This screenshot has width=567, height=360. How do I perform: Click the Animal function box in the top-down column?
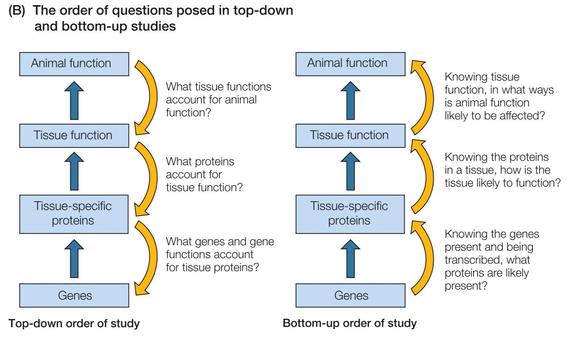coord(74,64)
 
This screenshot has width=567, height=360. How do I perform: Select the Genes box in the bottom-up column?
coord(350,295)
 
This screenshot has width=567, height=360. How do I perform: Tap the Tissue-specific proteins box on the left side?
coord(74,214)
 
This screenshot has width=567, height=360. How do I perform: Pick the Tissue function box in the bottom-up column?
coord(350,135)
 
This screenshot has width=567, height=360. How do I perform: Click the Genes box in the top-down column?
coord(74,295)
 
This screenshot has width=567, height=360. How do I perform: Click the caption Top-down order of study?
coord(74,323)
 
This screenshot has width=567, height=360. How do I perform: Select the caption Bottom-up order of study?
coord(350,323)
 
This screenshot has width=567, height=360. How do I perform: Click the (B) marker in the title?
coord(17,11)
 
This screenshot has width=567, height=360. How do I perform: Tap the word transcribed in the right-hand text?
coord(470,260)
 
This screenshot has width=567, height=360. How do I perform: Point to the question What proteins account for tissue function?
coord(204,175)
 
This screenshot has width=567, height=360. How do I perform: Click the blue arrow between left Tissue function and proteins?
coord(74,172)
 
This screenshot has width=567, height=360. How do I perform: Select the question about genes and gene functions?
coord(220,255)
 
